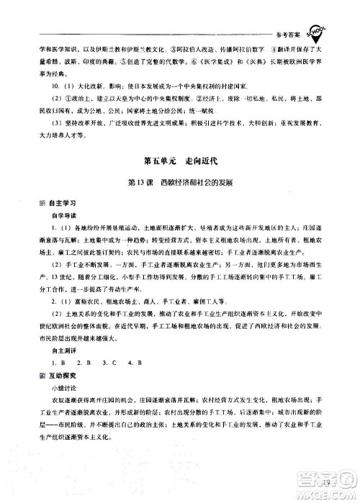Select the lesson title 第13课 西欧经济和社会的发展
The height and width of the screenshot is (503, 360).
click(x=179, y=183)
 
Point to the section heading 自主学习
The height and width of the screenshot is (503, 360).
click(x=64, y=204)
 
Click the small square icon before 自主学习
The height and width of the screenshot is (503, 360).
click(x=44, y=204)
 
